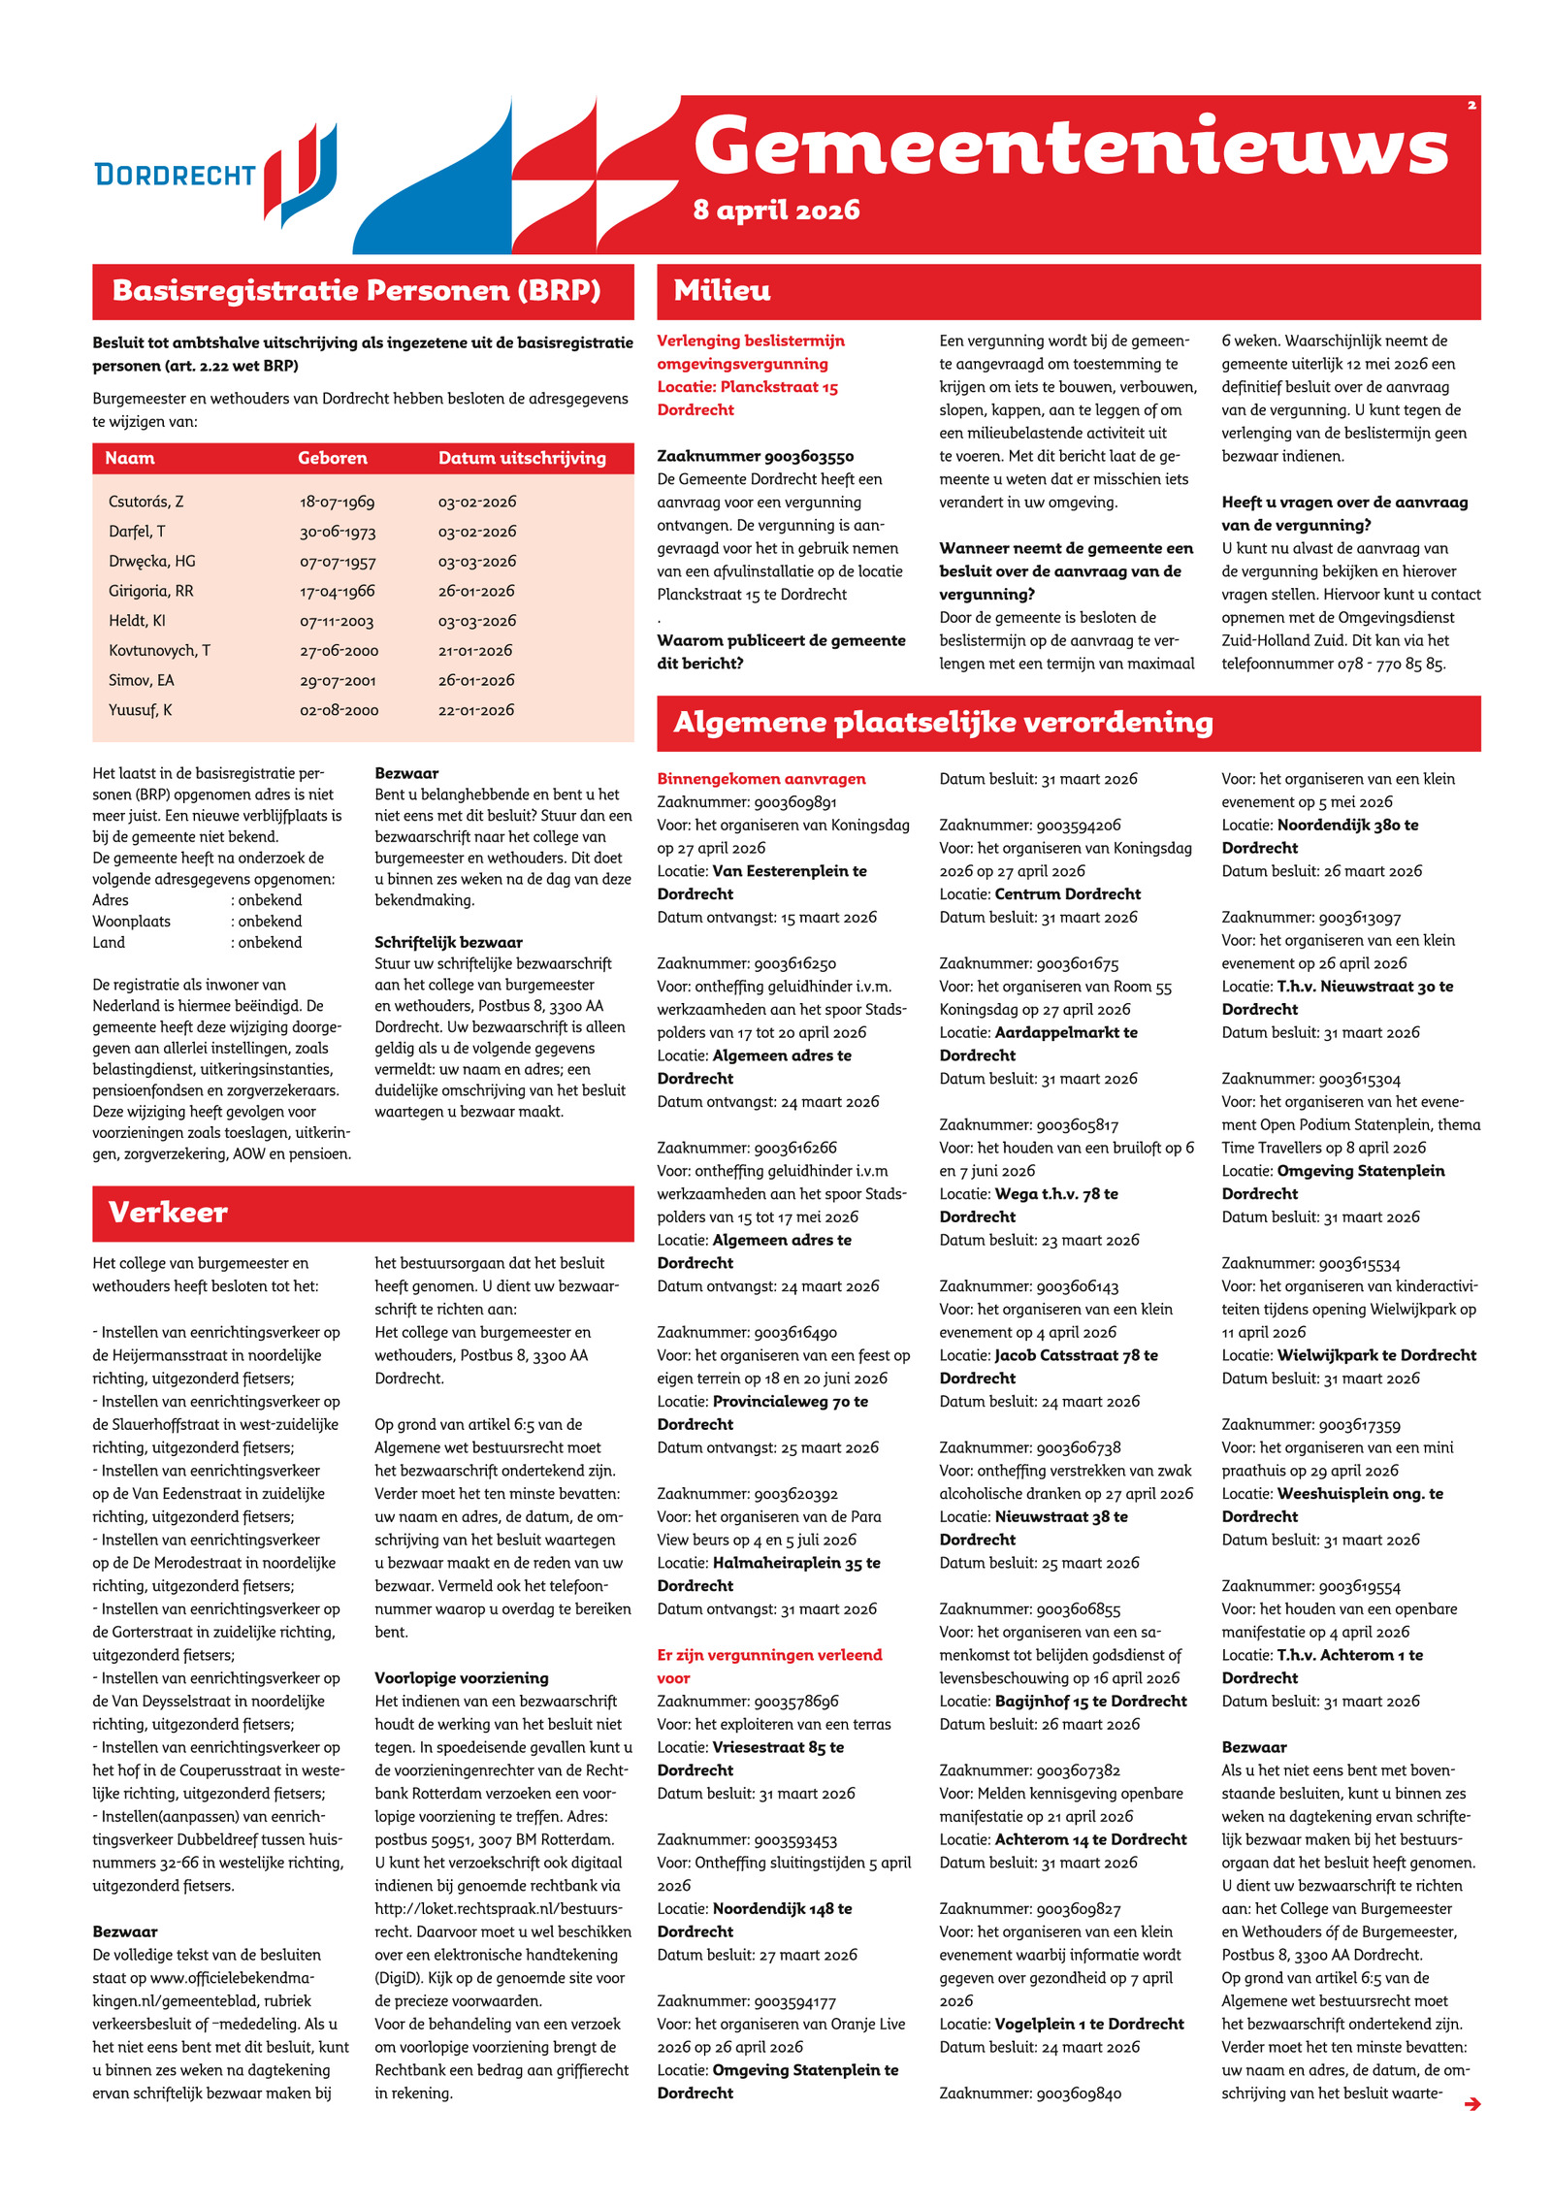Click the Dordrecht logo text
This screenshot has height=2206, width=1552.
(x=175, y=175)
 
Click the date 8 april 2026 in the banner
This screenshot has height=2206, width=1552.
(x=776, y=210)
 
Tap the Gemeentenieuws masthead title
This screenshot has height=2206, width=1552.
(x=1071, y=146)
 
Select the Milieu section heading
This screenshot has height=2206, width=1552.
(x=723, y=290)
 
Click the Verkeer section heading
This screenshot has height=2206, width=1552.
(x=168, y=1212)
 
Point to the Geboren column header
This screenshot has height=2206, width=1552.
(x=332, y=458)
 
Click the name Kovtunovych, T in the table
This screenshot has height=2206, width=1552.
(x=159, y=650)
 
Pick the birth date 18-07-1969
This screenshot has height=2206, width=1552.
(x=337, y=502)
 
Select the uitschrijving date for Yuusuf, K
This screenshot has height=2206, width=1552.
(x=475, y=710)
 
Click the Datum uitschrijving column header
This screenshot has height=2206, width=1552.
(x=522, y=458)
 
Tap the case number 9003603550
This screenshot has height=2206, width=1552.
(x=756, y=456)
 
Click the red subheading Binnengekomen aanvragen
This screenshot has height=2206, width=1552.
(x=761, y=779)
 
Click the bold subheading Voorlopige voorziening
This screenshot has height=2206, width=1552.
(x=462, y=1678)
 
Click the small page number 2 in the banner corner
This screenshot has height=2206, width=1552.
(x=1471, y=105)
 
